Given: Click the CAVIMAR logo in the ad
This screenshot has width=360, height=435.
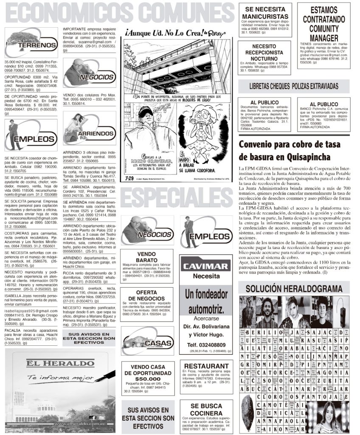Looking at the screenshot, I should pyautogui.click(x=206, y=266).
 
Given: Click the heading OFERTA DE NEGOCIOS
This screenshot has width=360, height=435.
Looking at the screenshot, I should pyautogui.click(x=146, y=294).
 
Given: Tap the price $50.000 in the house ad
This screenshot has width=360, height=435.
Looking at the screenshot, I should pyautogui.click(x=147, y=379).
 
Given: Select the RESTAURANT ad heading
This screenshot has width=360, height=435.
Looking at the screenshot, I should pyautogui.click(x=206, y=366).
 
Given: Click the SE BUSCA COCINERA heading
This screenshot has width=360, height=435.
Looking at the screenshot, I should pyautogui.click(x=206, y=410).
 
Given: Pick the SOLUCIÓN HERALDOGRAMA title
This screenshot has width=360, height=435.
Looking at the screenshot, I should pyautogui.click(x=294, y=289).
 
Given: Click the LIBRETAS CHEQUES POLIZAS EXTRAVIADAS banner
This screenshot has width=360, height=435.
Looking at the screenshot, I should pyautogui.click(x=294, y=86).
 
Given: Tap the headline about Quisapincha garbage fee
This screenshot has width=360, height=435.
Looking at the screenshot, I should pyautogui.click(x=290, y=150).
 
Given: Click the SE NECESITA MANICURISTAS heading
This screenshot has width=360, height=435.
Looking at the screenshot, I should pyautogui.click(x=264, y=13).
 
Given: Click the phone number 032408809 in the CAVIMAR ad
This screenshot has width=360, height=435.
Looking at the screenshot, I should pyautogui.click(x=206, y=345).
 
